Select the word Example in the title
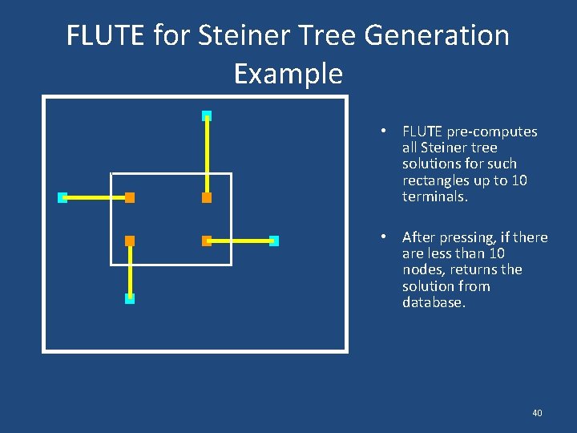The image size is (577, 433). pos(288,74)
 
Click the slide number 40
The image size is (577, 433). pos(537,412)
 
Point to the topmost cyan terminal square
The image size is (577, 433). pos(207,115)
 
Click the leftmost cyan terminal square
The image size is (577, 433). pos(63,197)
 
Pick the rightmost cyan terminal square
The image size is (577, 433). pos(273,241)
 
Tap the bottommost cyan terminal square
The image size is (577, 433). pos(130,298)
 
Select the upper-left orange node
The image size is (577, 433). pos(130,197)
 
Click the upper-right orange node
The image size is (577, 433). pos(207,197)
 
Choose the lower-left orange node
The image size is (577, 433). pos(130,241)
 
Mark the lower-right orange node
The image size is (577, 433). pos(207,241)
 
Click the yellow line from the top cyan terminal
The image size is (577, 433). pos(207,156)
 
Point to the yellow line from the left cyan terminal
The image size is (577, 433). pos(96,197)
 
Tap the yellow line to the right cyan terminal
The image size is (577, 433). pos(240,241)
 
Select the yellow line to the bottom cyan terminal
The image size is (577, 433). pos(130,270)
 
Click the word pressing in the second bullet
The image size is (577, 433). pos(478,237)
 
